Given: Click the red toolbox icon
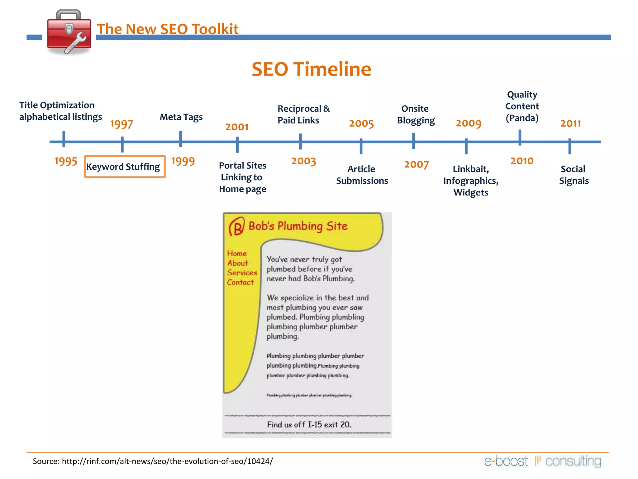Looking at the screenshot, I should click(69, 32).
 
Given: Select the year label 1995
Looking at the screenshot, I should click(66, 161).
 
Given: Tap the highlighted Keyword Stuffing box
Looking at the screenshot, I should click(125, 167).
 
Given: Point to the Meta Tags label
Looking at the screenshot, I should click(181, 117).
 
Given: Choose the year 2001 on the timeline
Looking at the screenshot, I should click(237, 127).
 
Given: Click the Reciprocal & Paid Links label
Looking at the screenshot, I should click(303, 114).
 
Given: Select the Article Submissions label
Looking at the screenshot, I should click(362, 175).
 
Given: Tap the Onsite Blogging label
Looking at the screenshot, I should click(416, 114).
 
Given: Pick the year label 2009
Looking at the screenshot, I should click(469, 123).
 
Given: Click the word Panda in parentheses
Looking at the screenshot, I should click(522, 118).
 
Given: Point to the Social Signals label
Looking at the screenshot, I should click(574, 175).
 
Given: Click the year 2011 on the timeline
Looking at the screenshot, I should click(570, 123).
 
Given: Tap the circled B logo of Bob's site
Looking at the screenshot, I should click(236, 227).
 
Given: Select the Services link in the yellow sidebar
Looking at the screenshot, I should click(242, 273).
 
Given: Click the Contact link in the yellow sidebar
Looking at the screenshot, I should click(240, 282).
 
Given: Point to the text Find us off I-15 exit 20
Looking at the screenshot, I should click(309, 424).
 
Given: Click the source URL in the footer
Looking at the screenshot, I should click(167, 461).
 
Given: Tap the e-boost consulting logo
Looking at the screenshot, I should click(542, 461).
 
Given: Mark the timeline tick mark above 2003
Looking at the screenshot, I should click(300, 141).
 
